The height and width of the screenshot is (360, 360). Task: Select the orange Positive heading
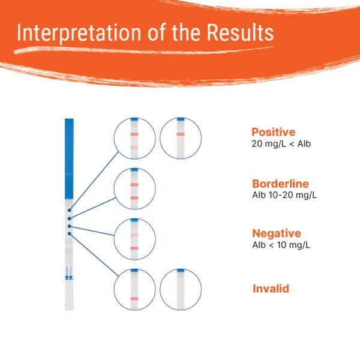274,132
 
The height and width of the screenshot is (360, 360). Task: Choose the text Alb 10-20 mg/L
285,195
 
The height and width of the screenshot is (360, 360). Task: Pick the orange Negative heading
277,233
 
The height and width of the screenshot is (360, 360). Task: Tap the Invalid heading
271,289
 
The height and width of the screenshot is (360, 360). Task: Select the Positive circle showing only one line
181,138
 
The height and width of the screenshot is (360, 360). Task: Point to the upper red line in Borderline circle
134,184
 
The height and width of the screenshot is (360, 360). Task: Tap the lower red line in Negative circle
134,248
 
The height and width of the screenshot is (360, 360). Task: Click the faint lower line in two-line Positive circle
134,147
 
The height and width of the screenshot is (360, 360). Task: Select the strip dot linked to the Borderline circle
70,218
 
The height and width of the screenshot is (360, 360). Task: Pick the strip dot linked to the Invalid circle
70,233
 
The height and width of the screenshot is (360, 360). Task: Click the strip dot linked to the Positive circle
70,211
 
